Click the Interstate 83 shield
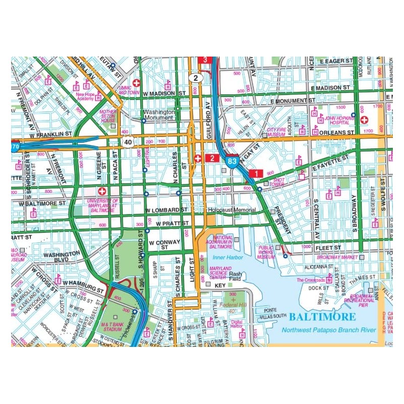click(232, 161)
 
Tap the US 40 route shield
click(128, 143)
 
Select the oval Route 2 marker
click(195, 78)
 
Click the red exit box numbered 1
click(256, 173)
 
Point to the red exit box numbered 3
click(205, 60)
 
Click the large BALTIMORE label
click(322, 317)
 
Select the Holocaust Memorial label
click(231, 210)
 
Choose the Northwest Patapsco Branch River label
click(329, 329)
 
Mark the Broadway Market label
click(337, 257)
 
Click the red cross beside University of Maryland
click(103, 192)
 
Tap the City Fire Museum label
click(276, 132)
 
